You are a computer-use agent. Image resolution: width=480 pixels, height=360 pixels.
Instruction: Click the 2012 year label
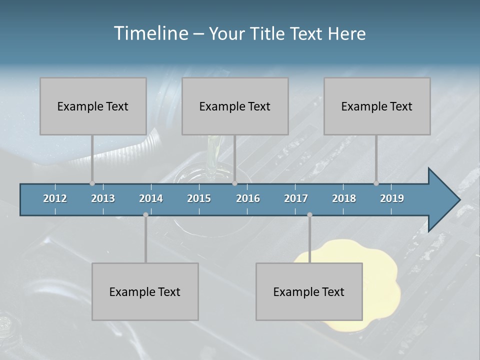point(55,198)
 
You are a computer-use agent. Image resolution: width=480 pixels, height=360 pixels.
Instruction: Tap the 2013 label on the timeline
point(103,198)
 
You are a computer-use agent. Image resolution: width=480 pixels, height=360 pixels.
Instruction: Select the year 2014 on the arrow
point(151,198)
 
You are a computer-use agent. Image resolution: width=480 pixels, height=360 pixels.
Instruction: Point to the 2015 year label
point(199,198)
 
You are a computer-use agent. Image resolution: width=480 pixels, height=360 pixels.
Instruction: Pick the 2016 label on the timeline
point(248,198)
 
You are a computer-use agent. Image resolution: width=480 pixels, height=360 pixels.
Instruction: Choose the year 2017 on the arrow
point(296,198)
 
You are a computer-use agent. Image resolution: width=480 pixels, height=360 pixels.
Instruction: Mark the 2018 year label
point(344,198)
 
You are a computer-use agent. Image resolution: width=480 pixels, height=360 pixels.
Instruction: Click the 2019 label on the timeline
point(392,198)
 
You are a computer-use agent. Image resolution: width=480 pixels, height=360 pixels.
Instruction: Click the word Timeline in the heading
point(150,33)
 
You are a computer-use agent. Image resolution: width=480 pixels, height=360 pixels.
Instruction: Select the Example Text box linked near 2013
point(93,106)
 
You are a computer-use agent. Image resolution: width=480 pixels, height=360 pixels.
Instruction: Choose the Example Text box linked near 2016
point(235,106)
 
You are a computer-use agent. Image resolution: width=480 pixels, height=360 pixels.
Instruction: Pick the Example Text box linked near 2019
point(377,106)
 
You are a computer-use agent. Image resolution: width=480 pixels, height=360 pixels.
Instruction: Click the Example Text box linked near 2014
point(145,291)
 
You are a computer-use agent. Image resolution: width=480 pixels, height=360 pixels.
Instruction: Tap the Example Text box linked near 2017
point(309,291)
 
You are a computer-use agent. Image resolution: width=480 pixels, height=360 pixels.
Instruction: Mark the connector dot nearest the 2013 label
point(92,183)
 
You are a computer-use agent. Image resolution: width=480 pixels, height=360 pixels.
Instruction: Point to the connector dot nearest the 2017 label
point(309,215)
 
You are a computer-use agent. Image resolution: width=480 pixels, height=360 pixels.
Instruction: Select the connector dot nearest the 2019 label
point(376,183)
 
